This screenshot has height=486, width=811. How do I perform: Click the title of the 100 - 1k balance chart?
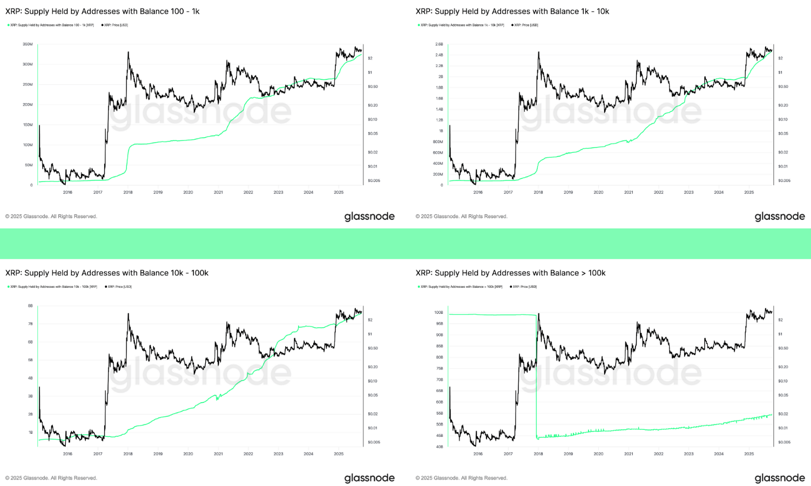pyautogui.click(x=103, y=11)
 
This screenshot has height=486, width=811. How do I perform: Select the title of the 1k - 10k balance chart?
pyautogui.click(x=512, y=11)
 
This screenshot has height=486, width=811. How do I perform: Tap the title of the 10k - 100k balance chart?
pyautogui.click(x=107, y=273)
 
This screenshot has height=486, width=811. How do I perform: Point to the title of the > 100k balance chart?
pyautogui.click(x=510, y=273)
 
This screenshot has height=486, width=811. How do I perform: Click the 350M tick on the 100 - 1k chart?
pyautogui.click(x=28, y=44)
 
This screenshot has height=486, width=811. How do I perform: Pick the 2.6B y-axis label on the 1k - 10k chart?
pyautogui.click(x=439, y=44)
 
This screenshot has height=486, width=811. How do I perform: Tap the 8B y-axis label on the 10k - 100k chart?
pyautogui.click(x=30, y=306)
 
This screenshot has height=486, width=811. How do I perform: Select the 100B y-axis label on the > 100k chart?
pyautogui.click(x=438, y=313)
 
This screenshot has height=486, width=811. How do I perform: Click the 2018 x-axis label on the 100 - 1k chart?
pyautogui.click(x=128, y=192)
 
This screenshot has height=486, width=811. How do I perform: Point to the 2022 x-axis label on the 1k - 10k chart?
pyautogui.click(x=659, y=192)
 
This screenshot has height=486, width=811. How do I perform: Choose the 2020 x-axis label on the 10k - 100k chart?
pyautogui.click(x=188, y=454)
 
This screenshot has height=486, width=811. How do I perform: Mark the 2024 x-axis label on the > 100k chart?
pyautogui.click(x=719, y=454)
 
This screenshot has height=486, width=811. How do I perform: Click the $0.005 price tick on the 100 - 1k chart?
pyautogui.click(x=374, y=180)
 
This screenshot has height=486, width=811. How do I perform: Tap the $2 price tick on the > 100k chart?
pyautogui.click(x=780, y=320)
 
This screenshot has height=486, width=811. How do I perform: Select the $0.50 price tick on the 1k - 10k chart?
pyautogui.click(x=783, y=86)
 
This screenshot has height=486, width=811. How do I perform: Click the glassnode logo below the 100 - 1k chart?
pyautogui.click(x=369, y=217)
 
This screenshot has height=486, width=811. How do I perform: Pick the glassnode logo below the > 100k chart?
pyautogui.click(x=780, y=478)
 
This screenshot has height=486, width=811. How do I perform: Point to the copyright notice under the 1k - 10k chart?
pyautogui.click(x=462, y=217)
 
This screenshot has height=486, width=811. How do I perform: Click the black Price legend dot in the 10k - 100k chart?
pyautogui.click(x=106, y=287)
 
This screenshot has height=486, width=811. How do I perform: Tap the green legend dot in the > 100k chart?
pyautogui.click(x=418, y=287)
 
